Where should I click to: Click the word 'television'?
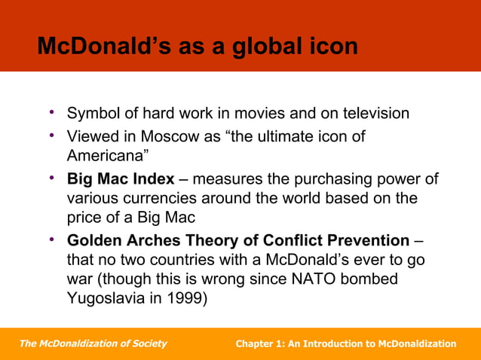coord(370,114)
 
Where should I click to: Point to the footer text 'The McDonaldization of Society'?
coord(93,343)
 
